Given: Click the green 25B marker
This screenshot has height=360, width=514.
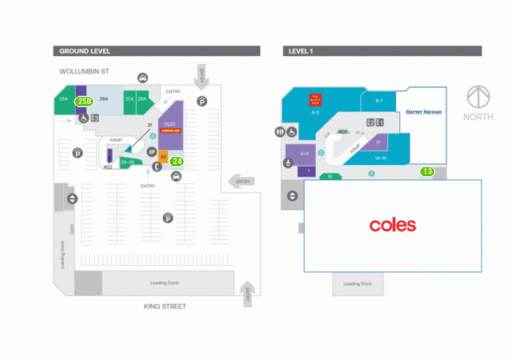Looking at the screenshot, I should point(84,101).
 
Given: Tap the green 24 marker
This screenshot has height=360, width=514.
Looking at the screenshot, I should point(177,160).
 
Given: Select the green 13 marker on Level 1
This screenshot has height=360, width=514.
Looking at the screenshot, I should point(427,171).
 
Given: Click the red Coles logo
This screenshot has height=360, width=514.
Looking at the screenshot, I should point(392,225).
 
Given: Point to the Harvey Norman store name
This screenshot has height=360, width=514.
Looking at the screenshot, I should point(424,112).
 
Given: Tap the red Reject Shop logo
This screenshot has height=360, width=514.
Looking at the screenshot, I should point(315,100).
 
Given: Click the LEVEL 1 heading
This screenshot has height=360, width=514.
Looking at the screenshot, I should point(300,51).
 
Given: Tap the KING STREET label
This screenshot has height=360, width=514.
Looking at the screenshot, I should point(165,306).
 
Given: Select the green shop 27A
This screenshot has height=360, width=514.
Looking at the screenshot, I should point(129,100).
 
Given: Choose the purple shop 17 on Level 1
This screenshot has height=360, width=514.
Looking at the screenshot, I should point(378,142).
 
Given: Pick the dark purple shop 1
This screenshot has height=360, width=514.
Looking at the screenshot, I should point(308,171).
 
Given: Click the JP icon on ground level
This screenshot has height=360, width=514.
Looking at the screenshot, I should point(152,151).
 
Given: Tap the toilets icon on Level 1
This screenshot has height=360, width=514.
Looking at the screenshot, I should point(280,132).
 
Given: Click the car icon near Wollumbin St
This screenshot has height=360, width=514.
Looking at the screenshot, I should point(142,78).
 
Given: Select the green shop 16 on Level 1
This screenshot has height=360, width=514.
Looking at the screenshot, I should point(330,177).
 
